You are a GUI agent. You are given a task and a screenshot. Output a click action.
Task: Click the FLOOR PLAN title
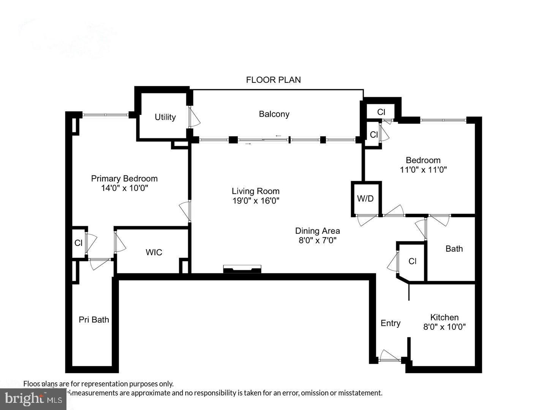[x=273, y=80]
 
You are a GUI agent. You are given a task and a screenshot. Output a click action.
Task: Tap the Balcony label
[x=274, y=114]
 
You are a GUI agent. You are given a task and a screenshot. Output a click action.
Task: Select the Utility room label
[x=165, y=117]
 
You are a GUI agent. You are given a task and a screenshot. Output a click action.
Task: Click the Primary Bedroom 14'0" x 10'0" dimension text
[x=124, y=188]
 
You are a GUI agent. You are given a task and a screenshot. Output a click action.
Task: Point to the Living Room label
[x=256, y=191]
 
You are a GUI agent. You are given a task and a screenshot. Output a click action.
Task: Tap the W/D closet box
[x=365, y=199]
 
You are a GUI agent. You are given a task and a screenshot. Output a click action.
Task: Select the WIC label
[x=154, y=252]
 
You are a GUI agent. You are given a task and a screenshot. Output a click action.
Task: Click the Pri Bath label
[x=94, y=320]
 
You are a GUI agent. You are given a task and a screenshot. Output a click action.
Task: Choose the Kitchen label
[x=444, y=317]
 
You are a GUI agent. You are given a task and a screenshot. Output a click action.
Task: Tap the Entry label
[x=390, y=323]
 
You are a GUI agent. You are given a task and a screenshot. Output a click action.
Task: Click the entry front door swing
[x=389, y=356]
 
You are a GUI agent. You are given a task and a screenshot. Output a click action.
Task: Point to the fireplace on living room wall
[x=242, y=269]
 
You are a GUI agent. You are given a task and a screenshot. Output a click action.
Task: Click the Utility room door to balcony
[x=194, y=117]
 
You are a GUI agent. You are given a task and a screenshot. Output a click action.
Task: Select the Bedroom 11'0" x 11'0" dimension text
[x=423, y=170]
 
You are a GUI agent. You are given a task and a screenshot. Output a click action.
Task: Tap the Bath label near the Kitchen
[x=454, y=249]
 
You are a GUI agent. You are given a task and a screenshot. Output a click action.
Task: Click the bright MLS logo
[x=33, y=399]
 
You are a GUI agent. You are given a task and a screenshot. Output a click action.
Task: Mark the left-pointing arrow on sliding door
[x=278, y=136]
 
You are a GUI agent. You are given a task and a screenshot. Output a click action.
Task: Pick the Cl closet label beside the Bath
[x=413, y=261]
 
